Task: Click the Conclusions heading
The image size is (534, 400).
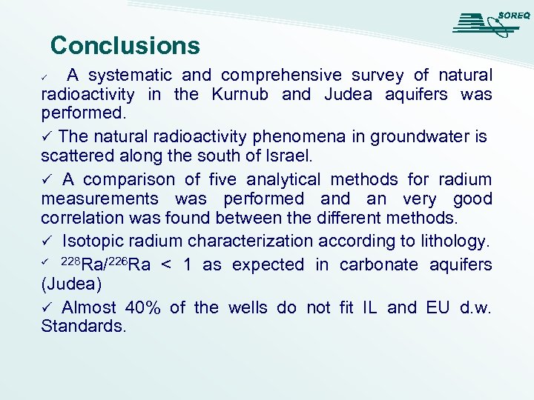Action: click(x=125, y=46)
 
